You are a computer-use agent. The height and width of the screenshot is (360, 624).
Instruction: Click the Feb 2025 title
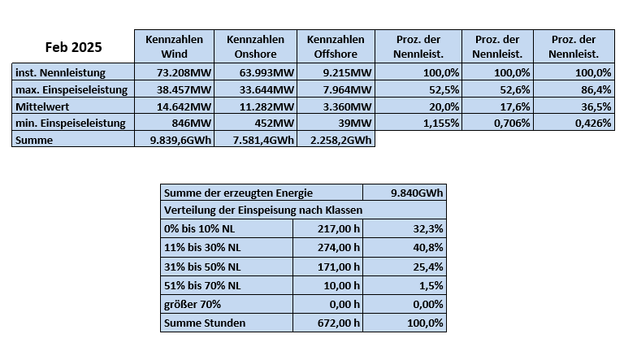coord(74,47)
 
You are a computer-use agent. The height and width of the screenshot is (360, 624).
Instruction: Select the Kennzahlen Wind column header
coord(175,46)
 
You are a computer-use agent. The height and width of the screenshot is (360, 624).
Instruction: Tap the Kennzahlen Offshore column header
coord(336,46)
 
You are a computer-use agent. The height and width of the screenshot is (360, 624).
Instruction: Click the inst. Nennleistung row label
coord(60,72)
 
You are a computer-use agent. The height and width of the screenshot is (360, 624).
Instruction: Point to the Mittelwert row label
coord(42,106)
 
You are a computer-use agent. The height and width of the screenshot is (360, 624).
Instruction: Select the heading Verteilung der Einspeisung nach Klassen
coord(263,210)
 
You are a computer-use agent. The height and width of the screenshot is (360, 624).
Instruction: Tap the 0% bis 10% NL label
coord(199,229)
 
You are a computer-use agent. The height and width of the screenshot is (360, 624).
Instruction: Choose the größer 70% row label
coord(193,304)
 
